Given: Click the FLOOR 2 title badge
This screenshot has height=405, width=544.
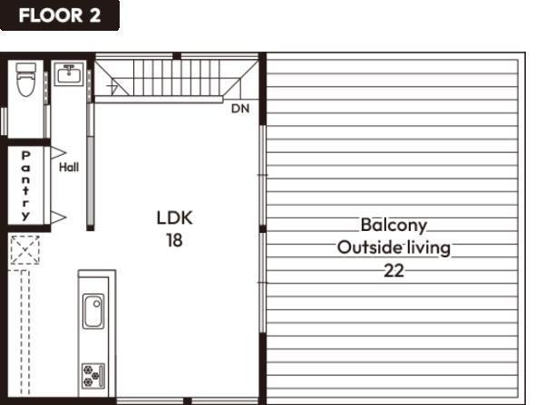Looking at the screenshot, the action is coord(60,15).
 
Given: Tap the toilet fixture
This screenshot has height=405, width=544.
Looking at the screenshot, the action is coord(26,80).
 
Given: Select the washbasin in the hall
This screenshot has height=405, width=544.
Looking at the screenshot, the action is coord(70,74).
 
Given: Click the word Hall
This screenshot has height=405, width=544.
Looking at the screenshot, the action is coord(69,168).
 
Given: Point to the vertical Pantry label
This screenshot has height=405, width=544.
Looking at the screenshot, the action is coord(25,186).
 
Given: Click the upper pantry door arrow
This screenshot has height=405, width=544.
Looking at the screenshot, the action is coord(58,152).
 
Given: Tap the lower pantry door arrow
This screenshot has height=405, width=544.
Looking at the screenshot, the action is coord(58,217).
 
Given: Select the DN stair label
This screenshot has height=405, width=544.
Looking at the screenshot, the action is coord(240,109).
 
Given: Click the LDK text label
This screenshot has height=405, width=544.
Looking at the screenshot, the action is coord(174,217).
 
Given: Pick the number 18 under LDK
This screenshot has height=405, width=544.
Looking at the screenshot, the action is coord(174,240).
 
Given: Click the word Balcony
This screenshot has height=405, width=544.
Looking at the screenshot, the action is coord(393,226).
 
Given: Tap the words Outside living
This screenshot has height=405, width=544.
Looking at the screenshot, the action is coord(393,247).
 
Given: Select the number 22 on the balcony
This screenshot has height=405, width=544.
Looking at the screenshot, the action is coord(393,271).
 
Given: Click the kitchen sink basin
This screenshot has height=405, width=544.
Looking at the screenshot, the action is coord(93,311).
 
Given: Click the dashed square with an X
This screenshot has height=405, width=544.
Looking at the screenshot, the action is coord(24,250).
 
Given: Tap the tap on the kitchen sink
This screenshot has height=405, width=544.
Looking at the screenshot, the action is coord(96,304).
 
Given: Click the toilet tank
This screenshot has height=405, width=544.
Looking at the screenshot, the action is coord(26,68).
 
